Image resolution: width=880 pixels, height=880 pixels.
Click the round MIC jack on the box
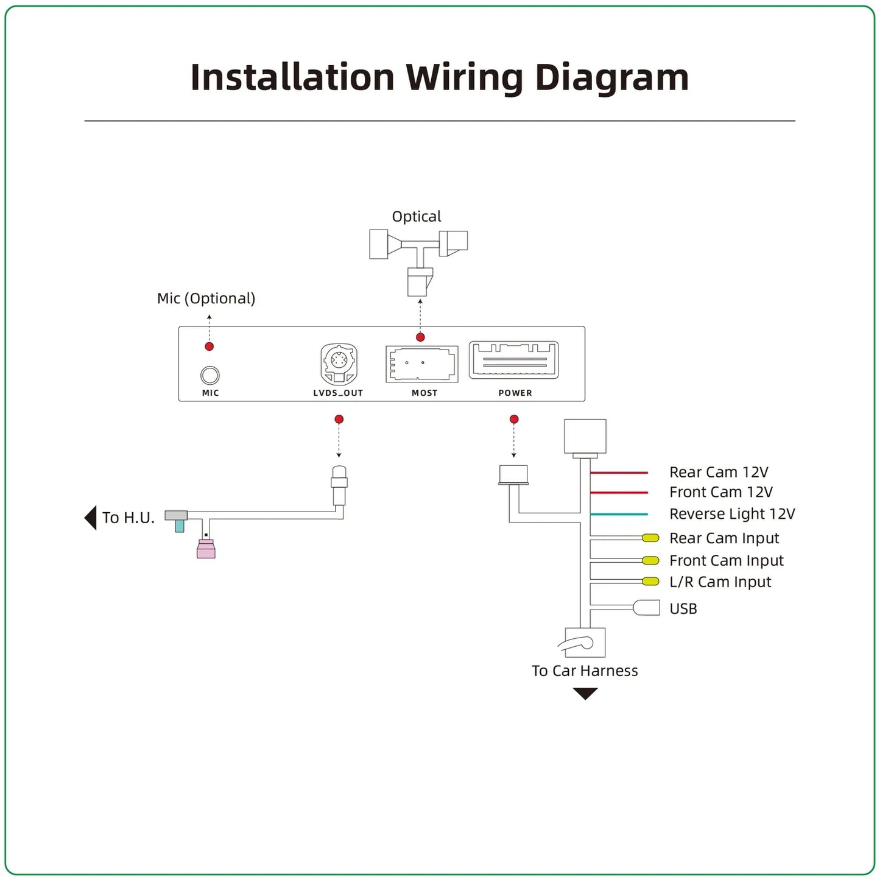209,375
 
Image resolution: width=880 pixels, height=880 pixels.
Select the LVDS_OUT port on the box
339,364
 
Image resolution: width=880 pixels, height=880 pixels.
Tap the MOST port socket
421,364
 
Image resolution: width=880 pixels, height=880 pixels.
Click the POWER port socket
514,361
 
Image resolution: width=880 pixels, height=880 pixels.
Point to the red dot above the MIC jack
209,346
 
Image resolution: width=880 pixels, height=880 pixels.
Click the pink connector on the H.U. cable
206,549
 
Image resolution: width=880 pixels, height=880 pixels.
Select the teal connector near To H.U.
180,526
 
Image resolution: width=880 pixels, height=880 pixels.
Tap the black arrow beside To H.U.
90,518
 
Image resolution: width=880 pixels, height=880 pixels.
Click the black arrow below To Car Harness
585,694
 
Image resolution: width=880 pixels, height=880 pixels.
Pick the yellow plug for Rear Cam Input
650,538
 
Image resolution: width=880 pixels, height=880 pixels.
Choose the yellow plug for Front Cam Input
650,560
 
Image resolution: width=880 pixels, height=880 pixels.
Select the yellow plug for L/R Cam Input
650,582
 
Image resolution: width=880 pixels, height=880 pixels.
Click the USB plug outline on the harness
646,608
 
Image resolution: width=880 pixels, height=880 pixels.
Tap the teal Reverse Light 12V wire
619,514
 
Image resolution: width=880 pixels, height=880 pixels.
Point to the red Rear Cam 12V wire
619,473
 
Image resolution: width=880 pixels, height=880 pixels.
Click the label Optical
417,217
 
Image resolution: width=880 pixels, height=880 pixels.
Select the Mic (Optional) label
206,298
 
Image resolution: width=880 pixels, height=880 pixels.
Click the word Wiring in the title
465,77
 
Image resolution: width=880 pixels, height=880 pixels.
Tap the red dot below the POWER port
514,419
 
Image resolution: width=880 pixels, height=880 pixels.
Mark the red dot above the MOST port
420,337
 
